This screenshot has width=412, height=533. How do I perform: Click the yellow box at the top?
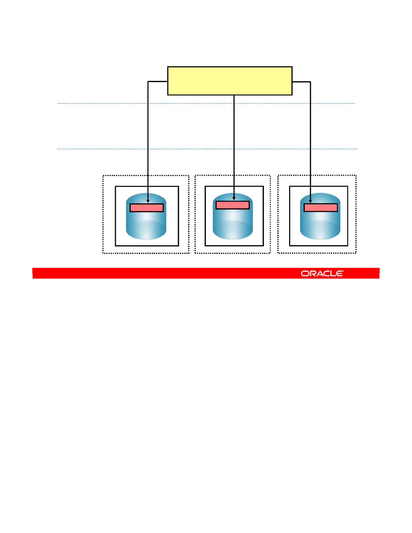[x=230, y=81]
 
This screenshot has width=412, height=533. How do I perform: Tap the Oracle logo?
[x=322, y=274]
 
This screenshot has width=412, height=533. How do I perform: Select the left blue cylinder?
[x=146, y=224]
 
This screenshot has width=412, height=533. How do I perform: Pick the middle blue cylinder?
[x=233, y=224]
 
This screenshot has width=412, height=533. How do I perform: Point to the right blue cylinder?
[x=320, y=224]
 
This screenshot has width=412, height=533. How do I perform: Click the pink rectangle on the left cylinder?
[x=147, y=208]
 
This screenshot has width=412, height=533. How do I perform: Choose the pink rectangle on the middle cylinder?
[x=233, y=205]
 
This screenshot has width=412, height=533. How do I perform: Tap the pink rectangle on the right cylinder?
[x=321, y=208]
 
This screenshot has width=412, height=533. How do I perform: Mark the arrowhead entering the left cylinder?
[x=148, y=201]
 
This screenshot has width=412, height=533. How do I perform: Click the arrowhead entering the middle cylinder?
[x=234, y=199]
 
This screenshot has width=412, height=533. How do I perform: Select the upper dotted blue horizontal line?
[x=101, y=103]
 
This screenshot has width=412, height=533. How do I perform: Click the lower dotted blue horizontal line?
[x=101, y=149]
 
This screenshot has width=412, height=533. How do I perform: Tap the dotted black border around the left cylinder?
[x=103, y=215]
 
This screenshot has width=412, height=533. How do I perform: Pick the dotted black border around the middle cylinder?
[x=195, y=215]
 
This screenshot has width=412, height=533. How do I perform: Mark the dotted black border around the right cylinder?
[x=356, y=215]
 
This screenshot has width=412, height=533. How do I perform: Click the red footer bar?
[x=168, y=273]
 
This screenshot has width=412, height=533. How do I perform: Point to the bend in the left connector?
[x=148, y=81]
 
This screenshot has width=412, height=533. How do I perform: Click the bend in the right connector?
[x=310, y=82]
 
